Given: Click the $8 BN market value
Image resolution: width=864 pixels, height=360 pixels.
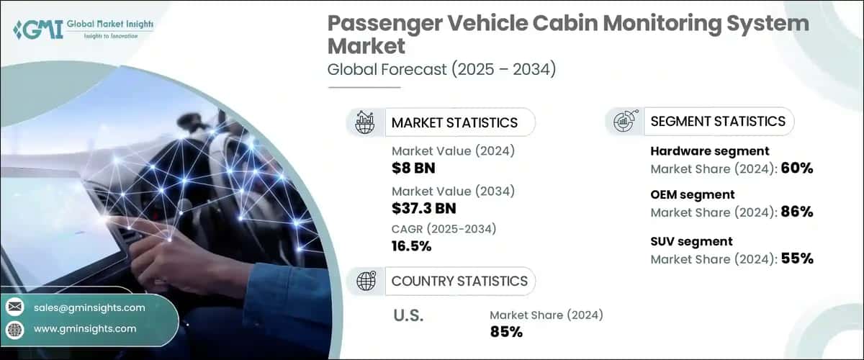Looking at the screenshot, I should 415,168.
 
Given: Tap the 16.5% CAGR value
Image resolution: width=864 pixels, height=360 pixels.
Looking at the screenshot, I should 412,246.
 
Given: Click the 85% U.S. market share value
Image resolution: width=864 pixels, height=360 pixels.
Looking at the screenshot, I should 505,332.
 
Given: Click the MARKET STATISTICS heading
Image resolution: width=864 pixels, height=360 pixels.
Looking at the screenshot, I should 454,122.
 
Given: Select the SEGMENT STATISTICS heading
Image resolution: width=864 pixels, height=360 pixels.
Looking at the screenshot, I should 717,121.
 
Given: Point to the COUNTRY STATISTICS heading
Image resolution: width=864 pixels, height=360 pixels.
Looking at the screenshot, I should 459,281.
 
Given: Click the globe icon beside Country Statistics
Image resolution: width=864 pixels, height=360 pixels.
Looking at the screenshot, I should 366,282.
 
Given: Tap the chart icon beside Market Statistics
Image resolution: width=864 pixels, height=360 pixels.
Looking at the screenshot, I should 366,122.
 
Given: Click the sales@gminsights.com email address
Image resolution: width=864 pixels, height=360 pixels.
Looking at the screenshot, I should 89,307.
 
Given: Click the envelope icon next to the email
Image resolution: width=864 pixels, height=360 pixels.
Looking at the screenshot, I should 15,307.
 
